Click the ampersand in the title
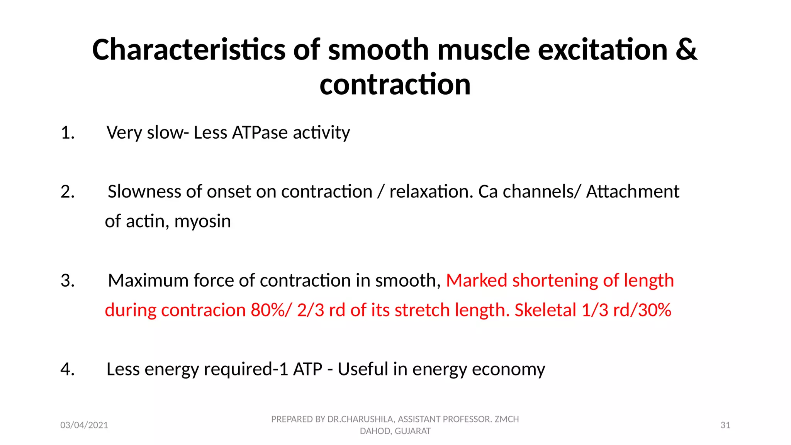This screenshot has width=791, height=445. tap(686, 50)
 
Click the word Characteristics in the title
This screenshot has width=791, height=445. tap(188, 50)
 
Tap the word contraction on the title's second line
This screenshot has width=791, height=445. tap(395, 85)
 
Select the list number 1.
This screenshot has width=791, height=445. tap(68, 133)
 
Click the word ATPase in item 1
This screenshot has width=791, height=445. tap(260, 133)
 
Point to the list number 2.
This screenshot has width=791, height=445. tap(68, 192)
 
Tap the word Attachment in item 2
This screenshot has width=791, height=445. tap(632, 192)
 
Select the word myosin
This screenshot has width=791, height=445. tap(202, 222)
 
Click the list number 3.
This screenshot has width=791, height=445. tap(68, 281)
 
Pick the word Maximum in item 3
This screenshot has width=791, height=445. tap(148, 281)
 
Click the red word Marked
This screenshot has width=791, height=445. tap(476, 281)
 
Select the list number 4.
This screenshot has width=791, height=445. tap(68, 370)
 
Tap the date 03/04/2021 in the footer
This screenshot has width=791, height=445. tap(84, 425)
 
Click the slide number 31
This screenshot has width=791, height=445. tap(725, 425)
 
